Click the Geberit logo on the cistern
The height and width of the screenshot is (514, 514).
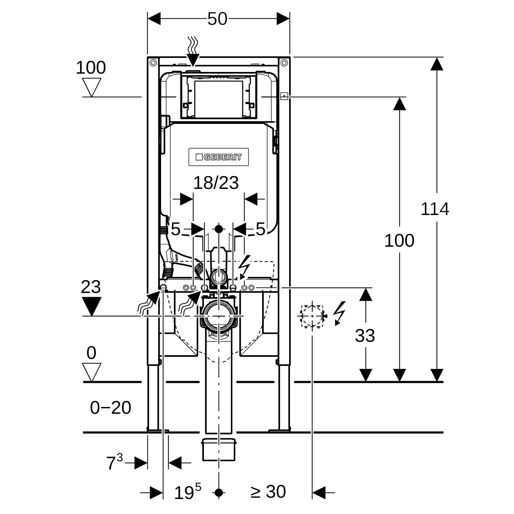point(218,157)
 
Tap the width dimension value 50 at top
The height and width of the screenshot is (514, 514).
point(217,19)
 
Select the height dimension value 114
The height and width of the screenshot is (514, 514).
point(435,209)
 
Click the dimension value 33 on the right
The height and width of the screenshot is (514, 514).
point(365,336)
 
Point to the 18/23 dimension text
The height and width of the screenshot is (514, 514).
point(216,183)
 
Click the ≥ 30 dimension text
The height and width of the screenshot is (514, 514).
point(268,492)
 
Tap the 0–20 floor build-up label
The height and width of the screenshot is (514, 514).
point(111,408)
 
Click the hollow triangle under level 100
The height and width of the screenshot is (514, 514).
point(91,87)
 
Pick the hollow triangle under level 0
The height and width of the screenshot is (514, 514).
point(92,372)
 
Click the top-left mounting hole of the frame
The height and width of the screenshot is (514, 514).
point(153,63)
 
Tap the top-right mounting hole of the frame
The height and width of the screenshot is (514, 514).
point(284,63)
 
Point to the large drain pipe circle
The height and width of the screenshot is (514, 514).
point(219,316)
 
